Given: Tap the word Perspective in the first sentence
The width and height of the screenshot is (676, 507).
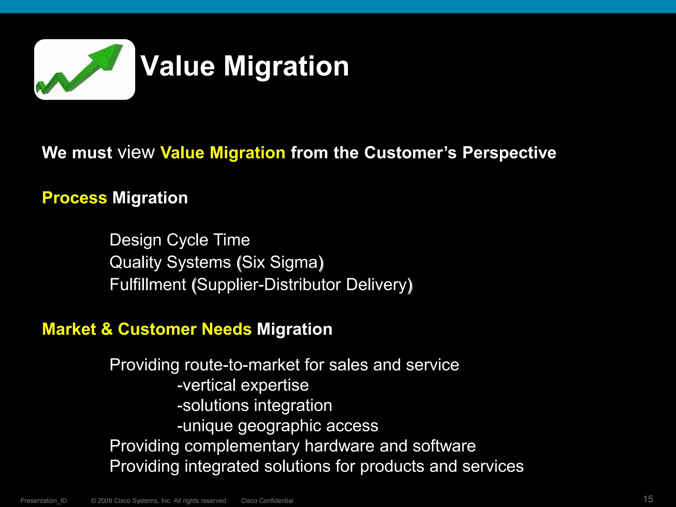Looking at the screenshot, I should (x=509, y=153).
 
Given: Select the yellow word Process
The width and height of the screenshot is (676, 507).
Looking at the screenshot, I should (x=74, y=198).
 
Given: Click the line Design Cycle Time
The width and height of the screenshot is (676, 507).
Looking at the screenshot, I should (x=180, y=240).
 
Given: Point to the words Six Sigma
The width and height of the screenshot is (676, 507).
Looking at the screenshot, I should (x=280, y=262).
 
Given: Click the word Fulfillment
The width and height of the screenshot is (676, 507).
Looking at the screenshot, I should (x=148, y=285).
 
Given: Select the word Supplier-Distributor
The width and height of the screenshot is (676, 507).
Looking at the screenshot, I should (x=268, y=285).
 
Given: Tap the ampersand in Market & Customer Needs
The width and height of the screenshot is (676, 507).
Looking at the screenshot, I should (x=107, y=329).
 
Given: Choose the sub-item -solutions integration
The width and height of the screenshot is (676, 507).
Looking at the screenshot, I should (x=254, y=406).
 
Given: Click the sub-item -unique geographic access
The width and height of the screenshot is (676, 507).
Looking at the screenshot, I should (x=277, y=426).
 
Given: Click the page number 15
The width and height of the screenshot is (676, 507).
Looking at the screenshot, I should (x=648, y=499).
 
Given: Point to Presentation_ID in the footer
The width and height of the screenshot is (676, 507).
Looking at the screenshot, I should (x=44, y=501).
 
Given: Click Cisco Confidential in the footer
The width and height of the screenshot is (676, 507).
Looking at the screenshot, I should (x=267, y=501).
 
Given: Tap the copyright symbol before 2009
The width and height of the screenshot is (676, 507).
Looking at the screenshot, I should (x=93, y=501).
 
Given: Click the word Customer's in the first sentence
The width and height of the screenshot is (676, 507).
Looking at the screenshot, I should (x=410, y=153).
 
